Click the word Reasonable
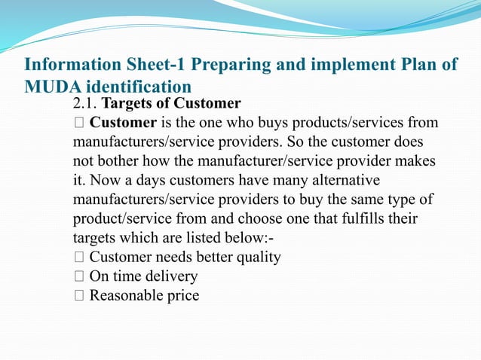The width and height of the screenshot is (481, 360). click(x=126, y=295)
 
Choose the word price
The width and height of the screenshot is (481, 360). click(x=182, y=295)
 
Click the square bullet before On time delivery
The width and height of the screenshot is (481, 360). click(x=78, y=276)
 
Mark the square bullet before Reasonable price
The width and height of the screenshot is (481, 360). click(x=78, y=295)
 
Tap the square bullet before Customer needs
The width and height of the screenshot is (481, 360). click(x=78, y=258)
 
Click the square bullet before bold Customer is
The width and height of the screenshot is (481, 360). click(x=78, y=123)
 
